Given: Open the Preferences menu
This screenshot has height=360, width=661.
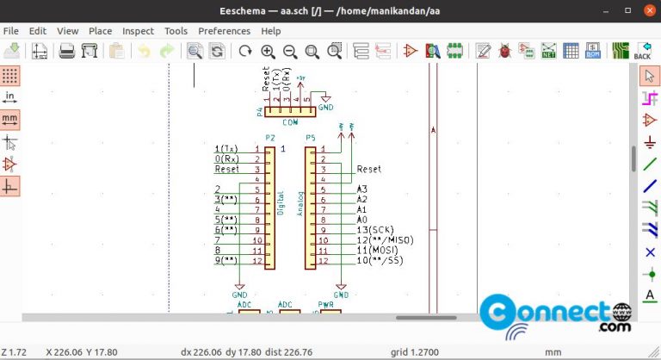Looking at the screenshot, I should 224,31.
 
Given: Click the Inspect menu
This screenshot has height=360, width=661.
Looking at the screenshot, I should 138,31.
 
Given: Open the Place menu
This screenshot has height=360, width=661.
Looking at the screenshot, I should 100,31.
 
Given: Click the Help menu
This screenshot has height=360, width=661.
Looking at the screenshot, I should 271,31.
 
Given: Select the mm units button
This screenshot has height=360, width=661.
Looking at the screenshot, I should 10,119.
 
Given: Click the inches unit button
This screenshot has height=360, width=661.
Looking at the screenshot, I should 10,96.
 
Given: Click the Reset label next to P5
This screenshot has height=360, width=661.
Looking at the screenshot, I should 368,170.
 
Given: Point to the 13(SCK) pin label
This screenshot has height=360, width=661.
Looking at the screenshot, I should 375,229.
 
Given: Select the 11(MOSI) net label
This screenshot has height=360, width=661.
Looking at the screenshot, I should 377,250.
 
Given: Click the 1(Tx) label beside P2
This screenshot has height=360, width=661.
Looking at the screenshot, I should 226,149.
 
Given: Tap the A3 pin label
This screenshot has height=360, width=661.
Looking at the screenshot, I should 361,189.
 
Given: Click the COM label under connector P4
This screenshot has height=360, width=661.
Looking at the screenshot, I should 290,122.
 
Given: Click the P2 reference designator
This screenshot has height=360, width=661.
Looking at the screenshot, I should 270,138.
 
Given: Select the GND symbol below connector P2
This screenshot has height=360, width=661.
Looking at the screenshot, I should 239,290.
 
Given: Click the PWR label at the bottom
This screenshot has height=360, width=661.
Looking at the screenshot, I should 326,305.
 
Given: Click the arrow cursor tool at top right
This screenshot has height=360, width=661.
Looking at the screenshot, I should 650,76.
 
